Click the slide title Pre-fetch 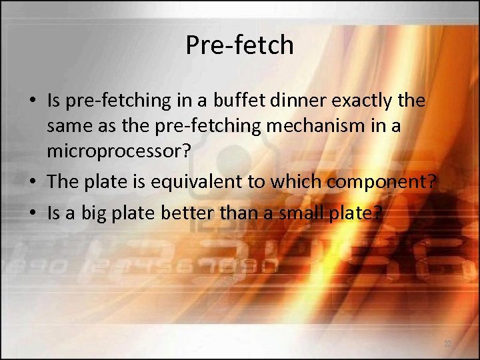[239, 45]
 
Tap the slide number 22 [447, 344]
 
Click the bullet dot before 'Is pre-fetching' [32, 101]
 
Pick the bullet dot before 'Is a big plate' [32, 213]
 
